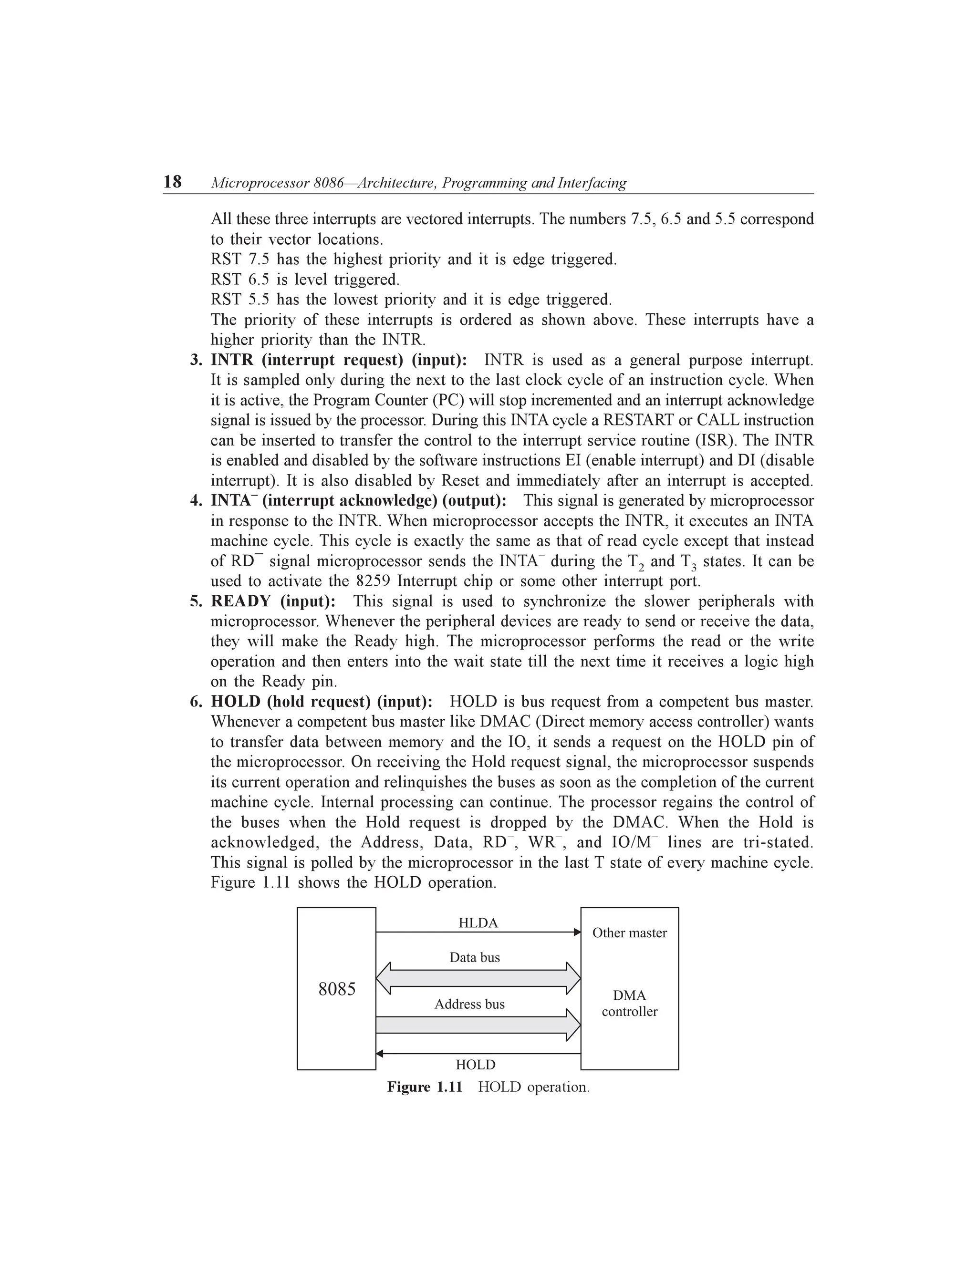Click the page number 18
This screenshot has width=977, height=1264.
[x=173, y=182]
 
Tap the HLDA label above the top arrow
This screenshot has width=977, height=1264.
[x=478, y=923]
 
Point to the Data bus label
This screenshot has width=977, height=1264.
[x=475, y=957]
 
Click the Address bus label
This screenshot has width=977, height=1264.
[x=469, y=1004]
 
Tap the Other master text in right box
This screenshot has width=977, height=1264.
[x=630, y=933]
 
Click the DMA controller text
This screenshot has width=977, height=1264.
[x=630, y=1004]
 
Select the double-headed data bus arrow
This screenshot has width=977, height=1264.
[x=478, y=979]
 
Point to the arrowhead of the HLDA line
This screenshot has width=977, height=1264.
[x=577, y=932]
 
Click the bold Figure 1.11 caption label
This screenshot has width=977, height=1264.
[x=425, y=1087]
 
